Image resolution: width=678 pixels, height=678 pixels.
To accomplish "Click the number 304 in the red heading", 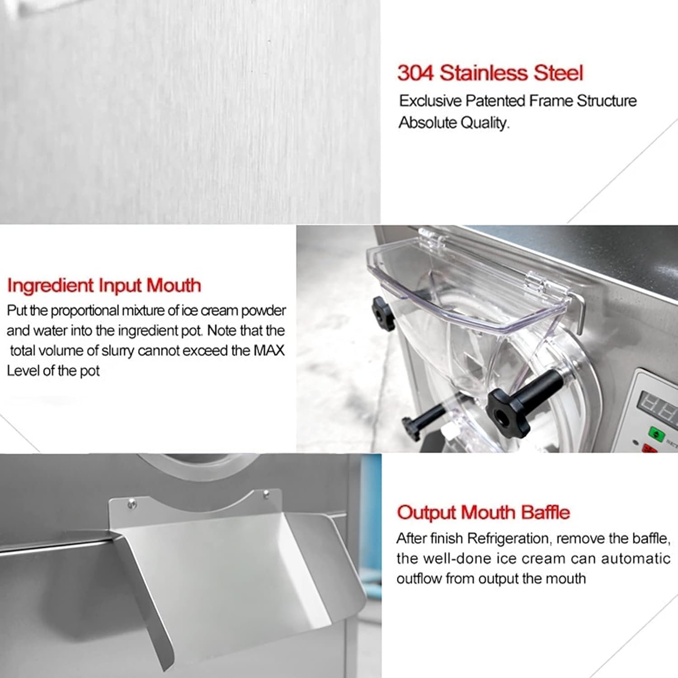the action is (415, 73).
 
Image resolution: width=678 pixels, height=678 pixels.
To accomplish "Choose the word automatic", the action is (636, 559).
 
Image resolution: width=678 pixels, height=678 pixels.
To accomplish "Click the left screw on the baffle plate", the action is (132, 501).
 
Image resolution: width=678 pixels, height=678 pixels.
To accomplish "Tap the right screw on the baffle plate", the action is (266, 493).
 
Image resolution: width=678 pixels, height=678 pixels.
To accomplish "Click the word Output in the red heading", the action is (427, 513).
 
